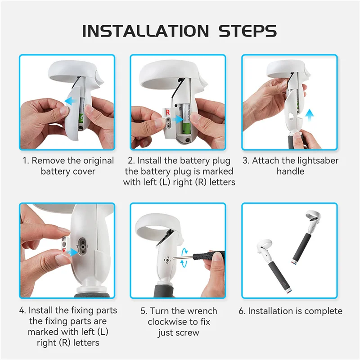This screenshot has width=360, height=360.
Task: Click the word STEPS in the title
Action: coord(247,31)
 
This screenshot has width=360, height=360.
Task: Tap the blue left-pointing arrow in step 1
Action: coord(69,102)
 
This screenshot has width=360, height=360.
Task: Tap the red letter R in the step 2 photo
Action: coord(167,111)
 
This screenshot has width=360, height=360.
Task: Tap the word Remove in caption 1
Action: coord(48,161)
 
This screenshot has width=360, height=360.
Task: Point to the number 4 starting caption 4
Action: coord(22,310)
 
